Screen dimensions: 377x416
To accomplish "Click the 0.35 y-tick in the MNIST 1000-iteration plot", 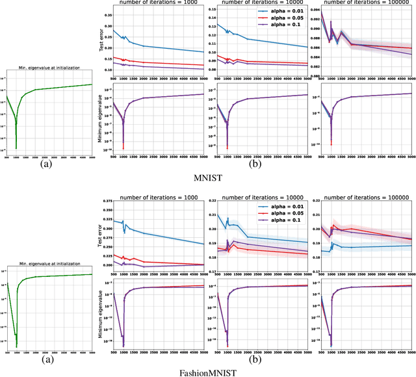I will coord(108,11).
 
